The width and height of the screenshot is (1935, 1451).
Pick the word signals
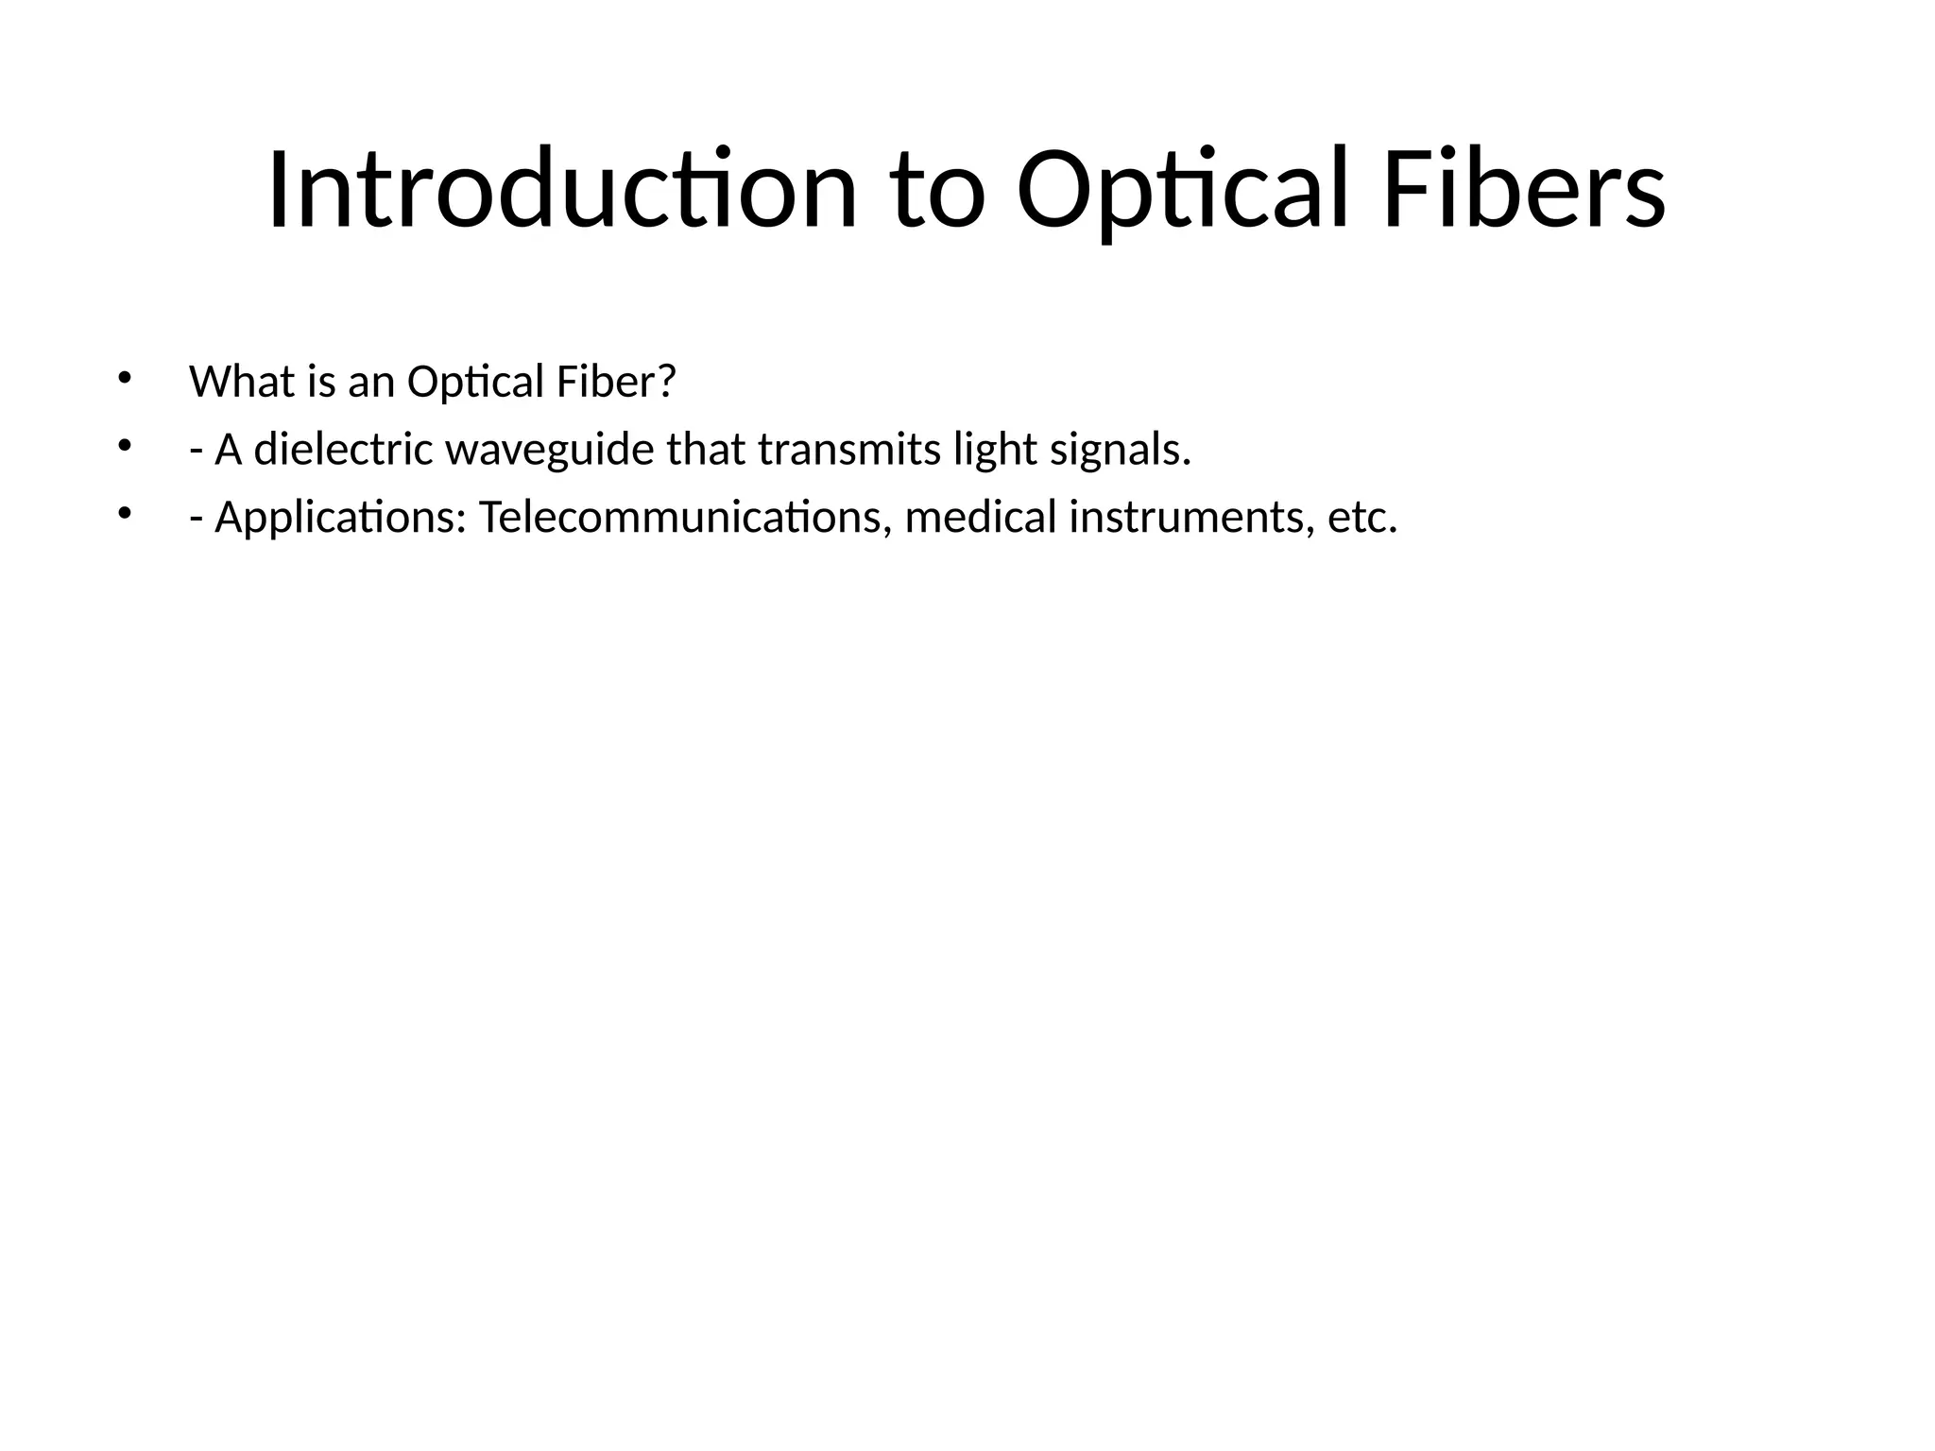point(1121,450)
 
